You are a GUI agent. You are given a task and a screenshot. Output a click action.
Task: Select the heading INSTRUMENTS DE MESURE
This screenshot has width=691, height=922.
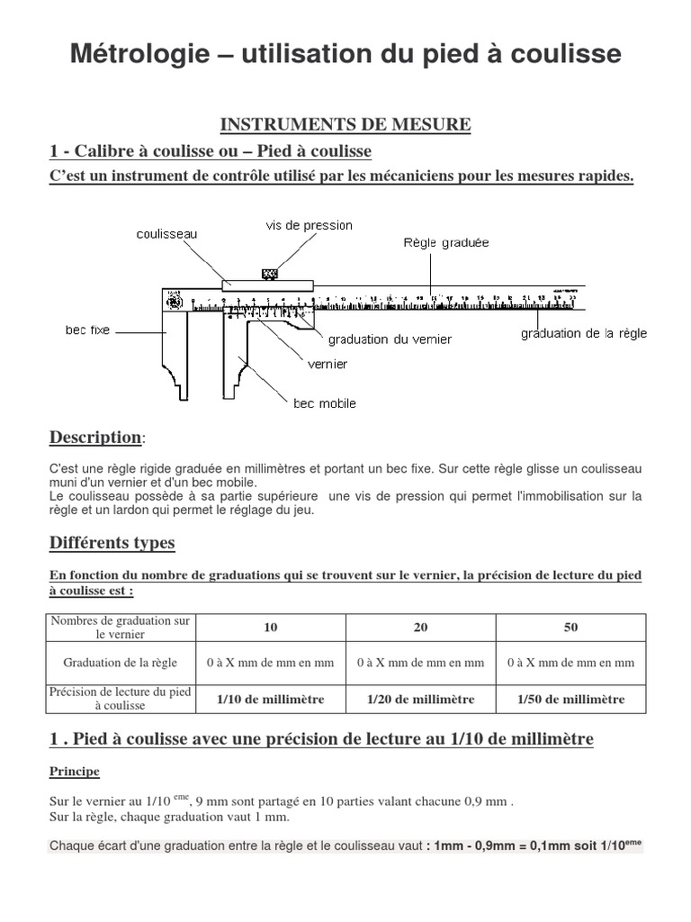pyautogui.click(x=346, y=124)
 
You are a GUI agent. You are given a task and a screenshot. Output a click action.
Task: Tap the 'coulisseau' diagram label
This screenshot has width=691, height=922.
pyautogui.click(x=166, y=234)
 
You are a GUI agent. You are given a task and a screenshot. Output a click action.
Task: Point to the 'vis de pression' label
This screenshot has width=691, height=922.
pyautogui.click(x=309, y=225)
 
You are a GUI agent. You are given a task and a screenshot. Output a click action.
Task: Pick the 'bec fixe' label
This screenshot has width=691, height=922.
pyautogui.click(x=87, y=330)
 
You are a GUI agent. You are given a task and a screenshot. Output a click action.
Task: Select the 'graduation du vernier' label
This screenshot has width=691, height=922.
pyautogui.click(x=390, y=339)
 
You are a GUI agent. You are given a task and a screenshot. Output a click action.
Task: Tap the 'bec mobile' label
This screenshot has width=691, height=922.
pyautogui.click(x=325, y=403)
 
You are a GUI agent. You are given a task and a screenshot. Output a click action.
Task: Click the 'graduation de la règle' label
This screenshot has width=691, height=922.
pyautogui.click(x=583, y=334)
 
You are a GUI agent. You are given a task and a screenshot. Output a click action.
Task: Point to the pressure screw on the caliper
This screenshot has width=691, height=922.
pyautogui.click(x=269, y=273)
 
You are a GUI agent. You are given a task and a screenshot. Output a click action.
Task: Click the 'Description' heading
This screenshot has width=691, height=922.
pyautogui.click(x=94, y=438)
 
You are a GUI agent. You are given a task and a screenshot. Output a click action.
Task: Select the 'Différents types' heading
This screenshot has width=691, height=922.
pyautogui.click(x=112, y=543)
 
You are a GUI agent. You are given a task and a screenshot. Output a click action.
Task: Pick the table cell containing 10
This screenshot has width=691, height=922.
pyautogui.click(x=271, y=628)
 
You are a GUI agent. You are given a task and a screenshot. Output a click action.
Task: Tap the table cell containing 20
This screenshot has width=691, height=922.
pyautogui.click(x=420, y=628)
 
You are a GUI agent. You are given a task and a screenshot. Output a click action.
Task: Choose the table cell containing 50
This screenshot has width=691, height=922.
pyautogui.click(x=570, y=628)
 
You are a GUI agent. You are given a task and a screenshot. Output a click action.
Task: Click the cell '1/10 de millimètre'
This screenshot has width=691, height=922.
pyautogui.click(x=271, y=699)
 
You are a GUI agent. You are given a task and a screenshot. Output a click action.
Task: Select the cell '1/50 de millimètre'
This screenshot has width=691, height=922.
pyautogui.click(x=570, y=699)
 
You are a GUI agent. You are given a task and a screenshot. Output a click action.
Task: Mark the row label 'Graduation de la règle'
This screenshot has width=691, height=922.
pyautogui.click(x=121, y=663)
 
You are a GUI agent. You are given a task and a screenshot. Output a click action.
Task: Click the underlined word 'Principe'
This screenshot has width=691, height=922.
pyautogui.click(x=75, y=772)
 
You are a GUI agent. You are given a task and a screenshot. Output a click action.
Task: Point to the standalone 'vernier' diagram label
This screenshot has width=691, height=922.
pyautogui.click(x=328, y=365)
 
